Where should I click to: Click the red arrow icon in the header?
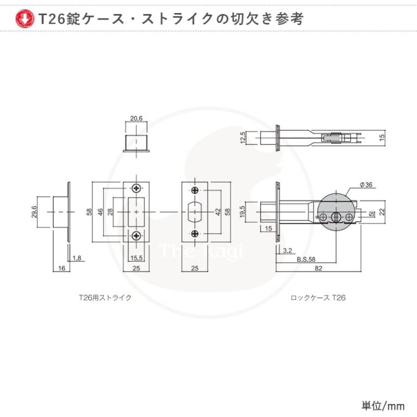coord(25,18)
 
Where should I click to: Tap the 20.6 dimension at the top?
coord(136,118)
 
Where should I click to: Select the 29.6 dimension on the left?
coord(34,212)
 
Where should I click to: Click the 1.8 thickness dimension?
coord(77,258)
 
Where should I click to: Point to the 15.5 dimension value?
coord(136,258)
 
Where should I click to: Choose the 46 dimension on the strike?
coord(100,212)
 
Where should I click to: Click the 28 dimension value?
coord(110,212)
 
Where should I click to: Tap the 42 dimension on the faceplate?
coord(218,212)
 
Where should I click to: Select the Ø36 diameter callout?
coord(366,185)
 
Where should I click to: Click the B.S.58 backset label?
coord(306,260)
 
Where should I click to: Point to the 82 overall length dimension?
coord(318,268)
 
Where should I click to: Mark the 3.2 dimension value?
coord(287,250)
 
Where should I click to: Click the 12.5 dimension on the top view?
coord(243,137)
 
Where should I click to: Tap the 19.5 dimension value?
coord(242,212)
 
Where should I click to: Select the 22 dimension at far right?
coord(382,212)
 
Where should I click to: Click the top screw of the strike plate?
coord(136,188)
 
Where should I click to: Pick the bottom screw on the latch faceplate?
coord(195,234)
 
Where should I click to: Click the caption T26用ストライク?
coord(105,298)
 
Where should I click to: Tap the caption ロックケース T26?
coord(318,298)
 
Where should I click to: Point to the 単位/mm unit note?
coord(383,406)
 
